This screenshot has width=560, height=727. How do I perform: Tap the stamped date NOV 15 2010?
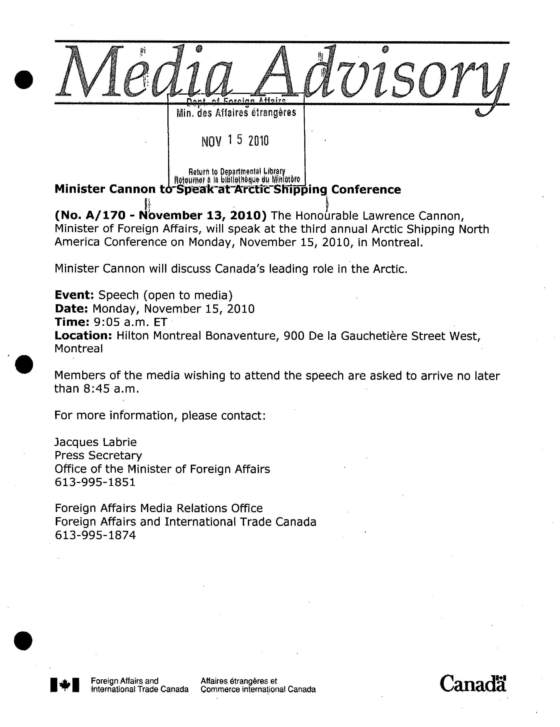click(x=235, y=141)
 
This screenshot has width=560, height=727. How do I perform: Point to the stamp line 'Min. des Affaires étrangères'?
click(x=236, y=113)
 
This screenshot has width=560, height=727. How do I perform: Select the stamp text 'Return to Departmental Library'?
click(x=237, y=172)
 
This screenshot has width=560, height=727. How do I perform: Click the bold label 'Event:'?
click(x=74, y=295)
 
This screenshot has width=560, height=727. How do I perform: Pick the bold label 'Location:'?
click(x=83, y=336)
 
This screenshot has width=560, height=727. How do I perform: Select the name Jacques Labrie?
click(x=95, y=442)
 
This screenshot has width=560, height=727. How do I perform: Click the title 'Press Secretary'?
click(x=98, y=455)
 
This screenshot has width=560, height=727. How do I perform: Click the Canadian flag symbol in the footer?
click(x=65, y=685)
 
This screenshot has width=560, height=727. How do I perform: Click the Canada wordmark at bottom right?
click(x=473, y=684)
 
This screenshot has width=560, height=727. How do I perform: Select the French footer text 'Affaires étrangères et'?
click(x=239, y=681)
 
